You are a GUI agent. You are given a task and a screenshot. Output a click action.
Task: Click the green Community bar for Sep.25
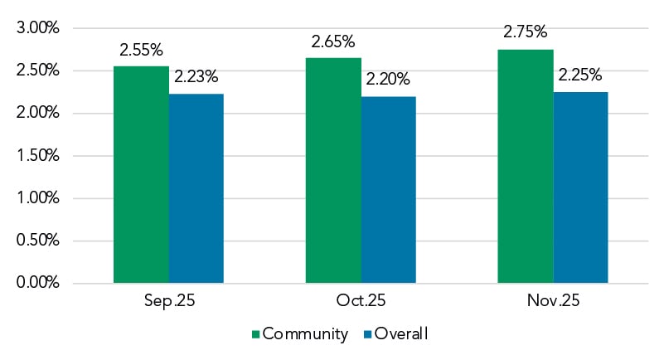141,175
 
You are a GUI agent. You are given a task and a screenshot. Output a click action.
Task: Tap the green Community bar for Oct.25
333,171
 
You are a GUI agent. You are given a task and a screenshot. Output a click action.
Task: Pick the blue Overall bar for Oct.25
388,190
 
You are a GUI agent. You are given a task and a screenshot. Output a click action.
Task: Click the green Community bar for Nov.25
526,167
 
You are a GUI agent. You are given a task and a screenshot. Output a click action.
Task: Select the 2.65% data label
334,41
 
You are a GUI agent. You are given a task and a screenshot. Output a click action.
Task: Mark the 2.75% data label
526,32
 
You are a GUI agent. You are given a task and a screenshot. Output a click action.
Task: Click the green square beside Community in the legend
255,334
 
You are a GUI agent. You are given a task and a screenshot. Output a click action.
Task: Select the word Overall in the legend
402,334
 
